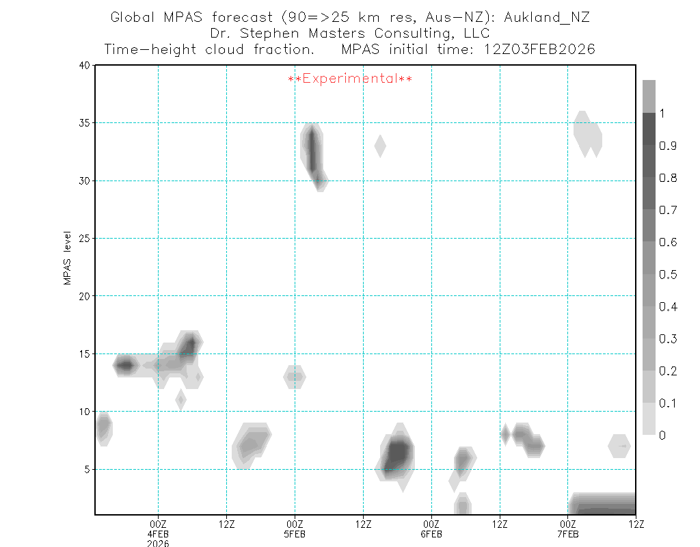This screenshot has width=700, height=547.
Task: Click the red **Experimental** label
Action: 350,79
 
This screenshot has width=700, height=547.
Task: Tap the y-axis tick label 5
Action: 87,470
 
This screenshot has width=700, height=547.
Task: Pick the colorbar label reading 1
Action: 662,114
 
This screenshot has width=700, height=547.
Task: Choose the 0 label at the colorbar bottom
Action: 662,435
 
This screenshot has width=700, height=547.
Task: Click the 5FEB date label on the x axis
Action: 295,535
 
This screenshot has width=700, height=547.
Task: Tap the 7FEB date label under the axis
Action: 568,535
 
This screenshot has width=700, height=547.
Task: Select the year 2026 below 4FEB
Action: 158,544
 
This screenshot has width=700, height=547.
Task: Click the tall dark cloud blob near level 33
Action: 312,150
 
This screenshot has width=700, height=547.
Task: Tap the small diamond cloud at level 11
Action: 180,399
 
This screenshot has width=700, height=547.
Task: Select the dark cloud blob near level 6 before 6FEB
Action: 397,453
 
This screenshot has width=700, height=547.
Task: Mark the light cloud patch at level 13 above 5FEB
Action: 295,376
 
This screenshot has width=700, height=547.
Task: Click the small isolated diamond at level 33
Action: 380,146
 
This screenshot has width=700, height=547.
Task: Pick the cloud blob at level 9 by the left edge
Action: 103,428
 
